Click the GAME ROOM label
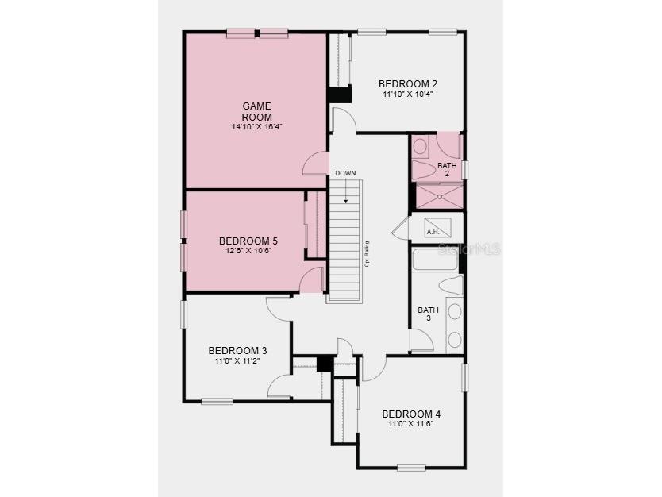tap(256, 111)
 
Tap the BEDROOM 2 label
tap(408, 84)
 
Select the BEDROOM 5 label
tap(248, 241)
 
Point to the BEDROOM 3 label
tap(237, 350)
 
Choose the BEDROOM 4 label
tap(411, 414)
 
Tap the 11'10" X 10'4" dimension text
tap(408, 95)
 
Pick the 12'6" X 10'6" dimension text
tap(248, 252)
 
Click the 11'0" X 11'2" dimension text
tap(237, 361)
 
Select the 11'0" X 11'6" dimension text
tap(411, 425)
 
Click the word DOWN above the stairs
tap(345, 173)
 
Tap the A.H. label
tap(433, 232)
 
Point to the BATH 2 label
tap(447, 169)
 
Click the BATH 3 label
tap(429, 314)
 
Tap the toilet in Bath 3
tap(450, 286)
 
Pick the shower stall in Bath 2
tap(437, 195)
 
